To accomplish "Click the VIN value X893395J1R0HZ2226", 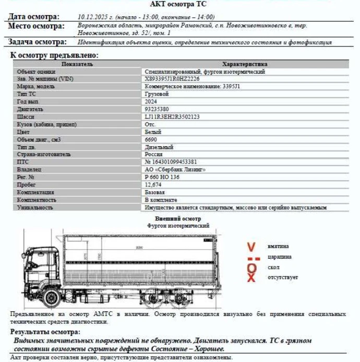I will pyautogui.click(x=172, y=79).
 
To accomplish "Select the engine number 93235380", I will pyautogui.click(x=157, y=109).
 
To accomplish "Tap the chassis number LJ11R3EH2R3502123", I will pyautogui.click(x=172, y=117).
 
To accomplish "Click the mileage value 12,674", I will pyautogui.click(x=153, y=185).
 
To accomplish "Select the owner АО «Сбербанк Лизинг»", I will pyautogui.click(x=175, y=170).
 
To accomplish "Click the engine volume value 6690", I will pyautogui.click(x=151, y=139).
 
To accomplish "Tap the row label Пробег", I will pyautogui.click(x=27, y=185).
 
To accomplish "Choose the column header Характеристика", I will pyautogui.click(x=245, y=64).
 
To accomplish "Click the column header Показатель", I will pyautogui.click(x=77, y=64).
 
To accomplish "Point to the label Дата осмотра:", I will pyautogui.click(x=34, y=17).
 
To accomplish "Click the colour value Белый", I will pyautogui.click(x=152, y=132).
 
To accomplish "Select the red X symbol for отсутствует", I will pyautogui.click(x=251, y=277).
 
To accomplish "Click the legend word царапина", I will pyautogui.click(x=280, y=256).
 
